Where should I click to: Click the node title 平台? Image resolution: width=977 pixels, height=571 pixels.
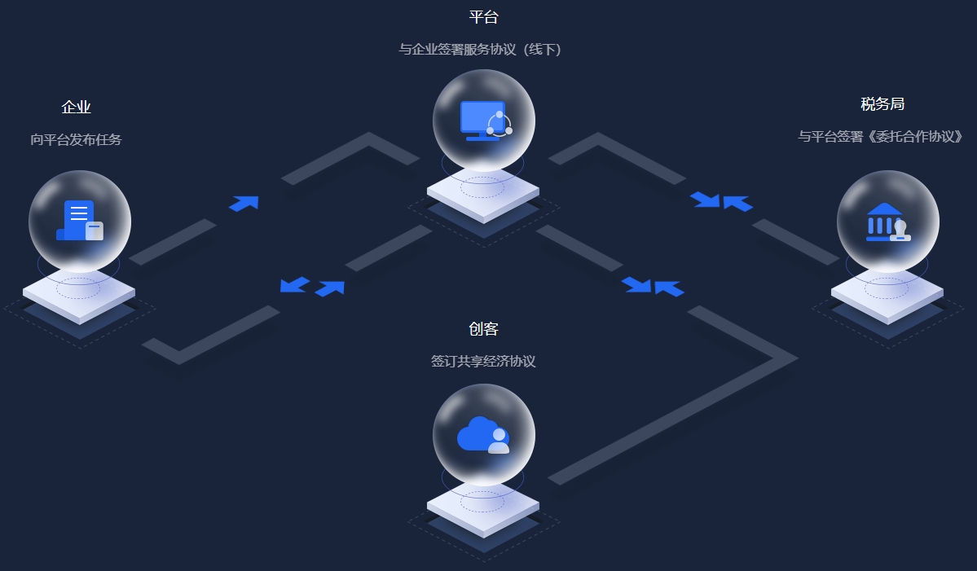(x=483, y=17)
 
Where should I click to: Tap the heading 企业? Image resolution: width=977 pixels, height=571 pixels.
(x=76, y=108)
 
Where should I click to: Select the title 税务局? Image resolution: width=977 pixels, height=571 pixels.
(x=882, y=104)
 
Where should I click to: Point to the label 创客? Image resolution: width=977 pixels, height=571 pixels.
(x=483, y=329)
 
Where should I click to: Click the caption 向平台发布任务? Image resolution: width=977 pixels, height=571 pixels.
(x=76, y=140)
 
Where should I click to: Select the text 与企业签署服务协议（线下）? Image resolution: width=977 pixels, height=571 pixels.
(x=480, y=50)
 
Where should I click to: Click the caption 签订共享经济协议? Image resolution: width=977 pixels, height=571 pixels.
(x=483, y=362)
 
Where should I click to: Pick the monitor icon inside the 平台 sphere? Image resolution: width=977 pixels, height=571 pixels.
(x=482, y=117)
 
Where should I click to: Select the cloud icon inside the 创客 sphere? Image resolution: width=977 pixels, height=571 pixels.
(x=477, y=433)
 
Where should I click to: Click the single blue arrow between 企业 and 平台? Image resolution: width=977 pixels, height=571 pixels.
(x=244, y=203)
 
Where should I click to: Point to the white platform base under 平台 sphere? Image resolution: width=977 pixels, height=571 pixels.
(x=483, y=196)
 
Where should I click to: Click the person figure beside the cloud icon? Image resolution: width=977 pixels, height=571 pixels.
(x=499, y=441)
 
